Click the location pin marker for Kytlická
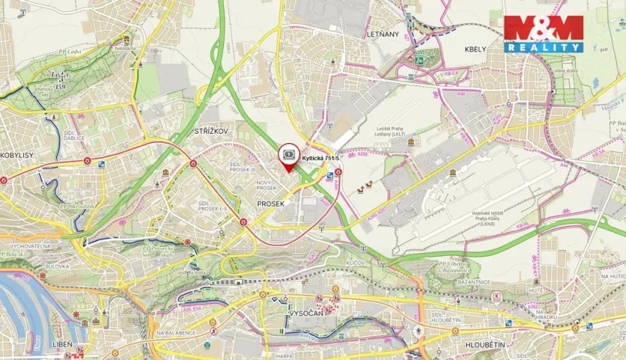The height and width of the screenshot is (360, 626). tap(288, 155)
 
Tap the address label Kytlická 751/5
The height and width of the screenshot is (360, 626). tap(321, 158)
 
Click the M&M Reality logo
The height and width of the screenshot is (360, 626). tap(543, 34)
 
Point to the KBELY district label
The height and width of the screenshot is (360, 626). tap(475, 48)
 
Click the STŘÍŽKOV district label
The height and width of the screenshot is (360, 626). tap(215, 131)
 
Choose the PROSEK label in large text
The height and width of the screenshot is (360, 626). tap(271, 204)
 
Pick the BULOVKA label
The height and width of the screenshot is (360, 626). tap(57, 265)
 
